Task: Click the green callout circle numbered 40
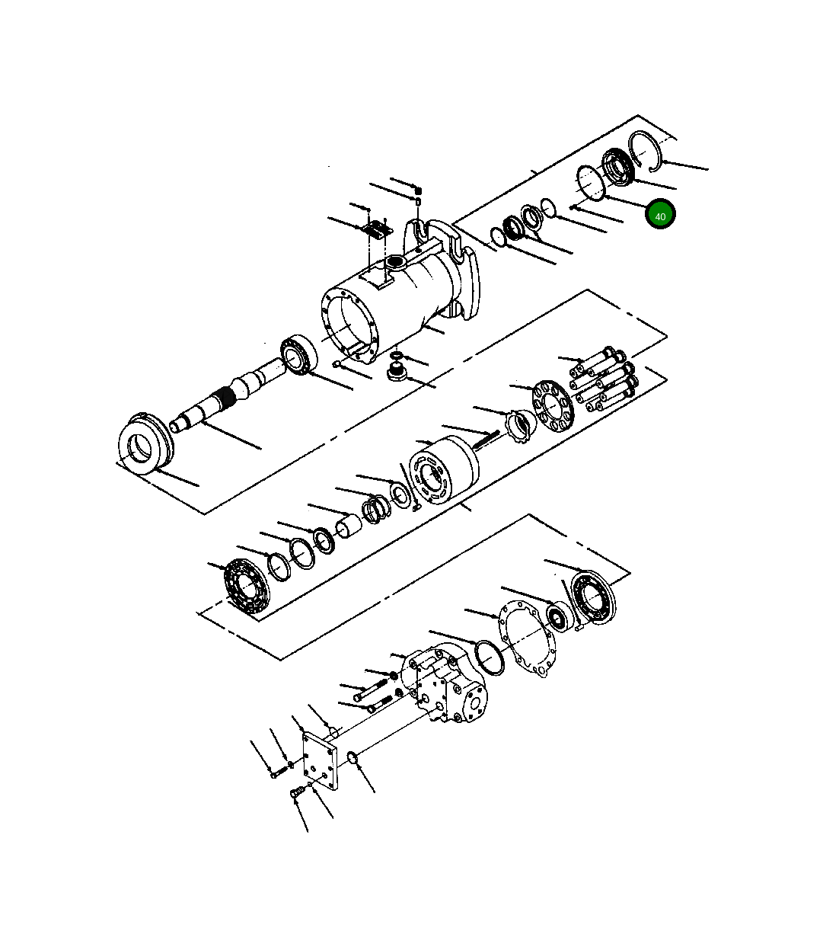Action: [x=660, y=215]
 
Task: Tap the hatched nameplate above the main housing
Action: [x=376, y=228]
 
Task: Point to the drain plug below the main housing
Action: [x=395, y=373]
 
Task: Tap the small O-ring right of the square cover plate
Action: [x=352, y=757]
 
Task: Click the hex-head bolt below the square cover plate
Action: [x=297, y=795]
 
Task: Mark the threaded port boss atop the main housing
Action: [x=396, y=263]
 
